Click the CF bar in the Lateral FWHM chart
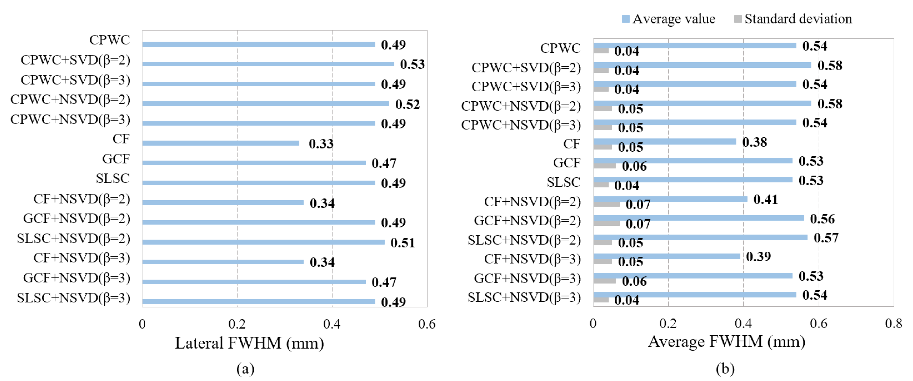click(x=220, y=143)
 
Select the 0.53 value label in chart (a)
click(x=412, y=64)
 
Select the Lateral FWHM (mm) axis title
click(x=249, y=343)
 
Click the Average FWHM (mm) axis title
click(x=726, y=342)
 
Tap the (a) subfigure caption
click(x=245, y=369)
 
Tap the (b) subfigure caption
click(x=725, y=369)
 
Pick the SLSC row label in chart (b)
click(x=563, y=182)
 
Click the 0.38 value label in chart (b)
click(x=754, y=142)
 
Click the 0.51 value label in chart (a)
click(x=402, y=243)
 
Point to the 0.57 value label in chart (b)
click(x=826, y=238)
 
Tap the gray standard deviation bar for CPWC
click(x=601, y=51)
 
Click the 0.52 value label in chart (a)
click(x=407, y=104)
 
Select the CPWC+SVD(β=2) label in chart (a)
click(x=76, y=60)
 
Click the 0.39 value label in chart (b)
click(x=758, y=256)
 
